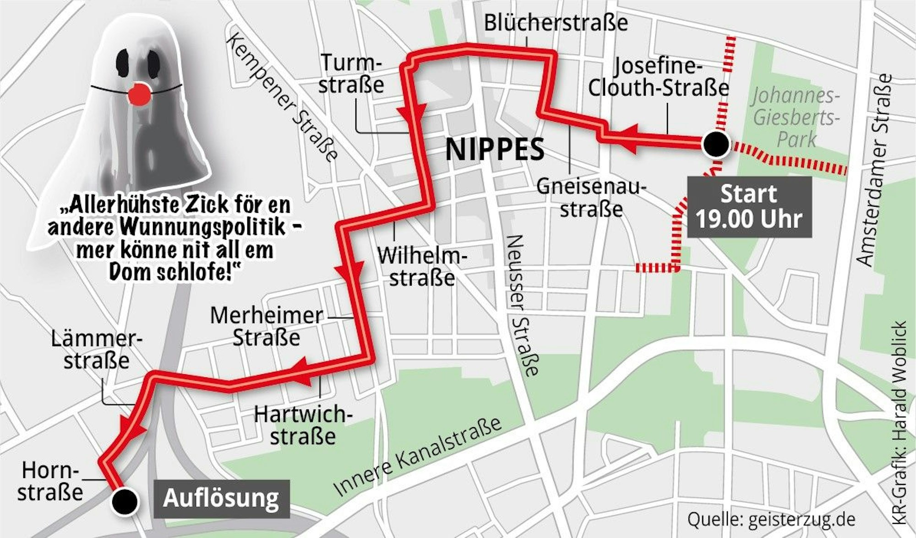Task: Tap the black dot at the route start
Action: (x=715, y=145)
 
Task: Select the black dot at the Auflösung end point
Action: (x=125, y=501)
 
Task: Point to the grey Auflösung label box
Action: (x=221, y=498)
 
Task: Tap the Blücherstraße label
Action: (x=556, y=23)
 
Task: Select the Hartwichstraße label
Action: (x=303, y=425)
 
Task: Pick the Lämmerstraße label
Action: (x=97, y=350)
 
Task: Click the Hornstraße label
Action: (x=50, y=481)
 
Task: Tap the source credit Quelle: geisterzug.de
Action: (x=771, y=519)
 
